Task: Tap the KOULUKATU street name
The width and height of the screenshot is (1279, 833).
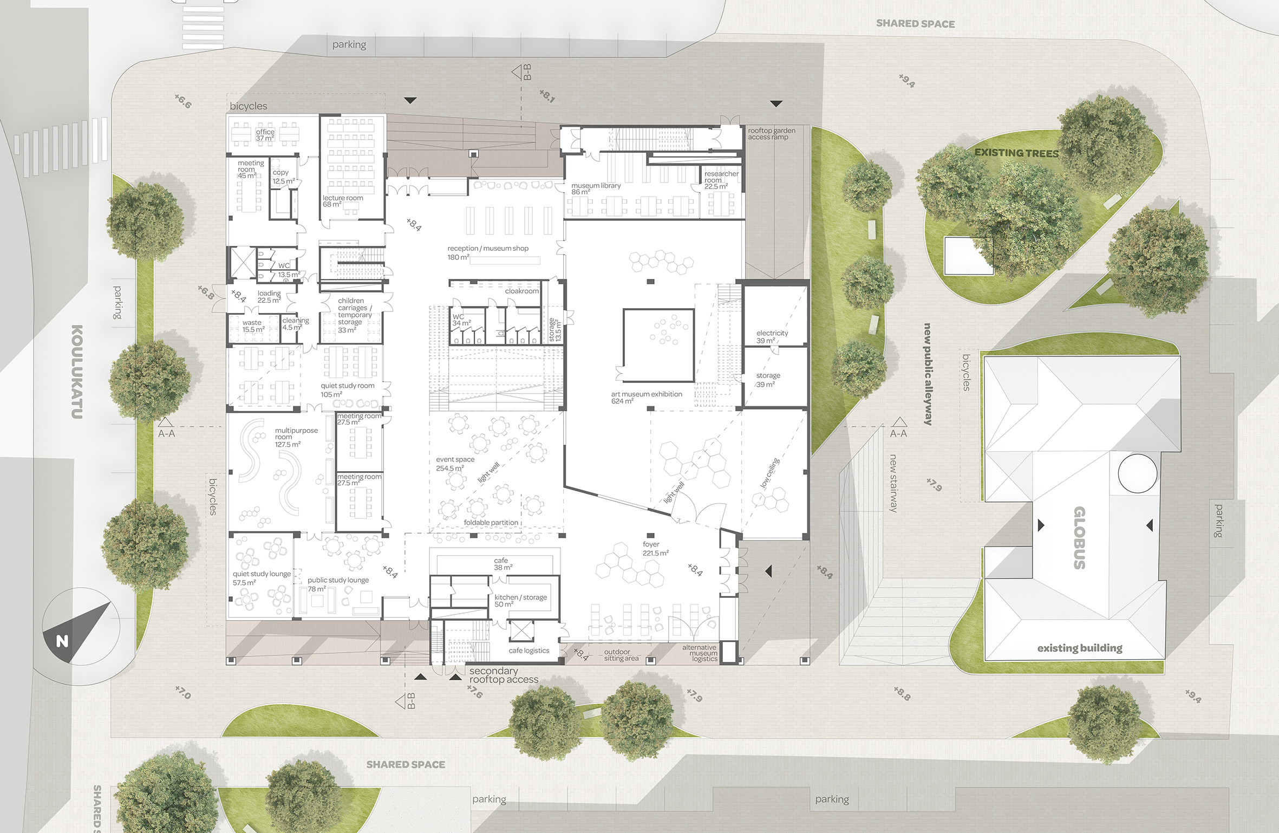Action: point(77,372)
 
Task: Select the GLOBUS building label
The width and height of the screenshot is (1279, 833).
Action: point(1079,538)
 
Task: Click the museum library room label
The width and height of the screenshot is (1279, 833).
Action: point(596,188)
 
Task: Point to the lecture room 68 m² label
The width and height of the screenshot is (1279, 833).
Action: point(343,201)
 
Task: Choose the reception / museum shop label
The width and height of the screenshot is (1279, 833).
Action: point(487,252)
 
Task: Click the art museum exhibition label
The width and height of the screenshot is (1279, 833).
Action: point(647,398)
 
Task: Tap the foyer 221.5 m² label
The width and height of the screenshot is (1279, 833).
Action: point(655,549)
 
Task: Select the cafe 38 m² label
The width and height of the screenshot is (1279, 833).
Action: point(503,564)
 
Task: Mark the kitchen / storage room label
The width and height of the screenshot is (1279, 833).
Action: point(520,601)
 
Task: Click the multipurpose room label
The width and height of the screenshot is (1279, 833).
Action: point(296,437)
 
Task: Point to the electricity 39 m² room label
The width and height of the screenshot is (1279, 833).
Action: point(772,337)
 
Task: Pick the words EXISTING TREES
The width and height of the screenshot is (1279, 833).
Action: point(1016,153)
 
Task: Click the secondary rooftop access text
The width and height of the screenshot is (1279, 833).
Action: point(504,675)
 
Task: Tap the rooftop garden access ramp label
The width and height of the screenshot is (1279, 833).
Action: point(772,134)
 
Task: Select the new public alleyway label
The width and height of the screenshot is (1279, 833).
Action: point(928,374)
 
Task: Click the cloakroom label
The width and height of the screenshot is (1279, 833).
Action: point(522,291)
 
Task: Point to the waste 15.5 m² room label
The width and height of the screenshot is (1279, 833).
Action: point(253,326)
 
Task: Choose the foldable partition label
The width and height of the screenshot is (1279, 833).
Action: point(491,523)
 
